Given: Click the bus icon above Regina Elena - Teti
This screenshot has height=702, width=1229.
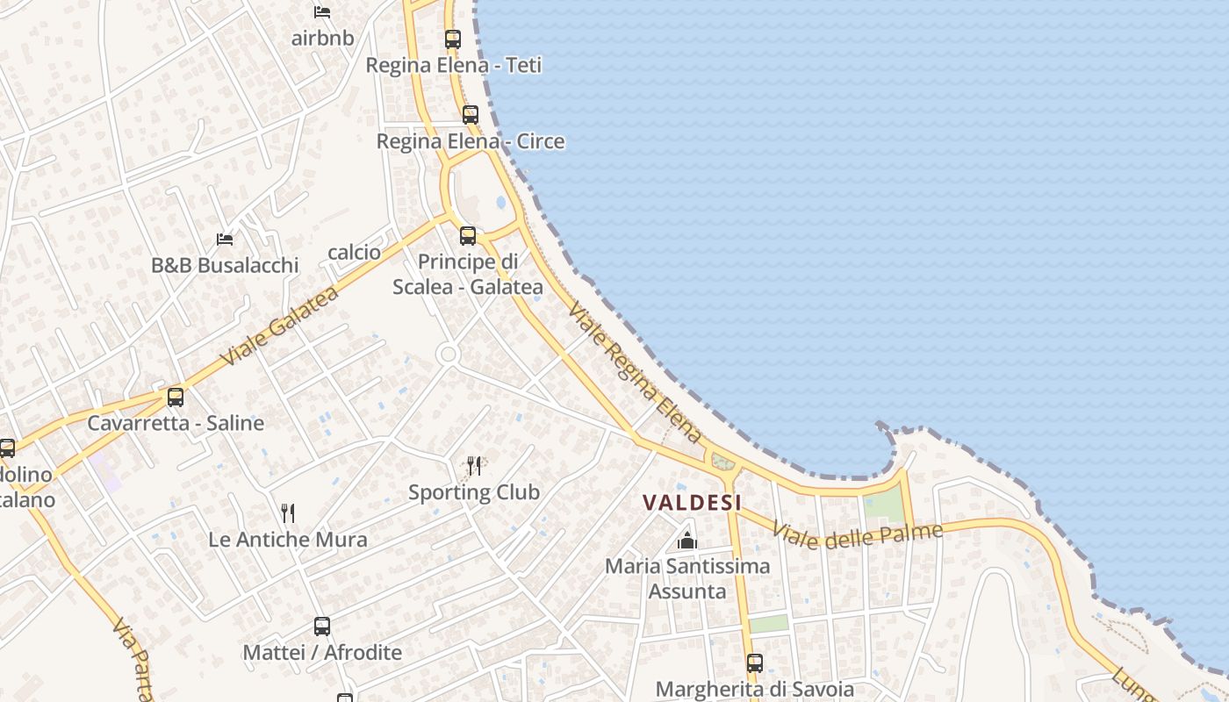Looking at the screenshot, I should pos(453,39).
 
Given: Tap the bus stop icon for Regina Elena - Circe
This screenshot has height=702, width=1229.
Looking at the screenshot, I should pos(471,115).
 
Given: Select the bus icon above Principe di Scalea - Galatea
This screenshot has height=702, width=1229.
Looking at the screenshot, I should pos(468,236).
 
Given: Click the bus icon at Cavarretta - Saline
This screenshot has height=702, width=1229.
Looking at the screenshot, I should pos(176,398).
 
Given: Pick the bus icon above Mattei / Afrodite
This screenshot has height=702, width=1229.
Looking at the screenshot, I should pos(322,627).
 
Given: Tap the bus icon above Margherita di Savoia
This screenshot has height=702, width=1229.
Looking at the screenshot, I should pos(755,663).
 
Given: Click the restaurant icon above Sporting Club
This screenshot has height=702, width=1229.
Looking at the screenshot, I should pos(474,465).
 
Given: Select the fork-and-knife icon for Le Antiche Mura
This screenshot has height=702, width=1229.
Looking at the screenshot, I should pos(288,512).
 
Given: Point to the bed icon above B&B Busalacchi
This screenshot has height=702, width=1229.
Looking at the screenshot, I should pos(225,239).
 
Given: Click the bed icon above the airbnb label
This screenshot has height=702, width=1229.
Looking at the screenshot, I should pos(322,12).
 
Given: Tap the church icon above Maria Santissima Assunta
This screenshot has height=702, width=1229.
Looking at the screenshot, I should pos(687,541).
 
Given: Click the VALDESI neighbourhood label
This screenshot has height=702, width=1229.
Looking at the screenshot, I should pos(693,503).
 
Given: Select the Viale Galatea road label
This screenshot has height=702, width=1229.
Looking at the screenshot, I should pos(279,326).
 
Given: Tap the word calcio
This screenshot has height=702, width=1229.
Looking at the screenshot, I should pos(355,253).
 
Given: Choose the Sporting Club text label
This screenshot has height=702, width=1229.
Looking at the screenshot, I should pos(474,492).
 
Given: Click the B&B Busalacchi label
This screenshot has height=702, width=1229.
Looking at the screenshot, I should pos(225,265).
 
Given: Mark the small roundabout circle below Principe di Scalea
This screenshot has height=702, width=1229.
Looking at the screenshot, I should pos(448,355).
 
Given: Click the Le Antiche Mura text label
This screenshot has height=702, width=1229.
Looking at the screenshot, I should pos(288,540).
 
